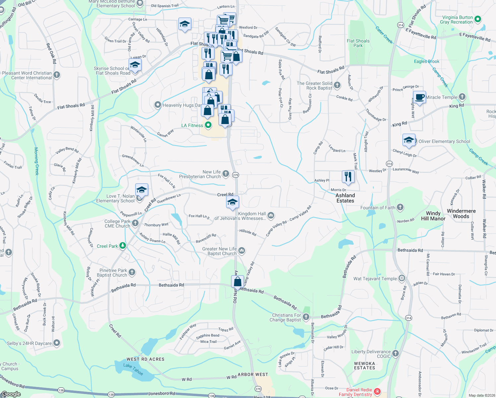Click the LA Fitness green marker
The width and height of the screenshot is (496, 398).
208,125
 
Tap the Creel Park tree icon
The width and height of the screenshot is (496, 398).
123,246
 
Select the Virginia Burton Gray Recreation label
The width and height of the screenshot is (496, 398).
457,20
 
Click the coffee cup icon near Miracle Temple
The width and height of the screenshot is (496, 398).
419,97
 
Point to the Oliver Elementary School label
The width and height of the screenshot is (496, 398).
444,141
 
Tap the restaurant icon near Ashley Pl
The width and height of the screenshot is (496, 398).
348,176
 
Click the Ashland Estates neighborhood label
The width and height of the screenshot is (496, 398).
345,198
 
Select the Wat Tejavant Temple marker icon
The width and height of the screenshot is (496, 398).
402,278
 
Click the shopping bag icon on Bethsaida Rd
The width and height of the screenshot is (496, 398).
238,282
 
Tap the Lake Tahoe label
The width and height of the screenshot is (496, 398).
133,369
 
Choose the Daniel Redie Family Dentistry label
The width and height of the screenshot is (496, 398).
355,392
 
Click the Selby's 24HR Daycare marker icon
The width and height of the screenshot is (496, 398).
57,343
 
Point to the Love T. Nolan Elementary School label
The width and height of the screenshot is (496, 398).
115,198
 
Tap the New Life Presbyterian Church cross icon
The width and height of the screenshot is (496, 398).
225,173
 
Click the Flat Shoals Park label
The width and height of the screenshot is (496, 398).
358,43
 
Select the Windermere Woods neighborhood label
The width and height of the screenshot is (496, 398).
461,214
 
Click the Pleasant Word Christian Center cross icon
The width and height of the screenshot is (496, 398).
57,75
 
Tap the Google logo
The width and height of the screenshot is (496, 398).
11,394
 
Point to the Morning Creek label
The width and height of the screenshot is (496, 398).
36,161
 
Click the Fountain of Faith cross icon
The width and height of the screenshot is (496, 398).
400,208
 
